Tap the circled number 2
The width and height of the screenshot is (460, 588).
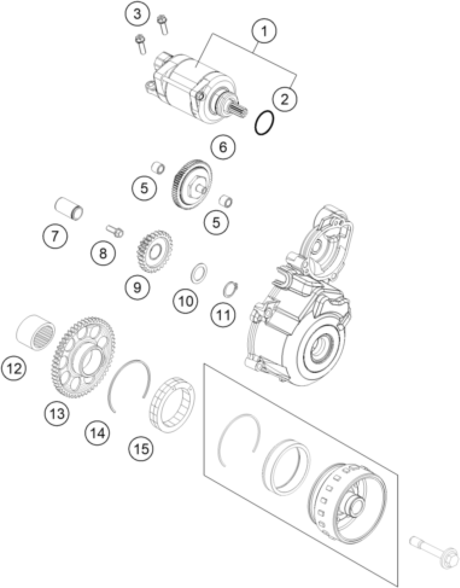pos(284,99)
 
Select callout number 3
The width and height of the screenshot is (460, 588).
pos(137,14)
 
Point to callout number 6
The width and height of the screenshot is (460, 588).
pos(223,147)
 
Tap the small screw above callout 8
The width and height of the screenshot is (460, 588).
pos(115,231)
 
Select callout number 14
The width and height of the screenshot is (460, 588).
pos(97,434)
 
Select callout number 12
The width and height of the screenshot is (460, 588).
pos(14,368)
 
